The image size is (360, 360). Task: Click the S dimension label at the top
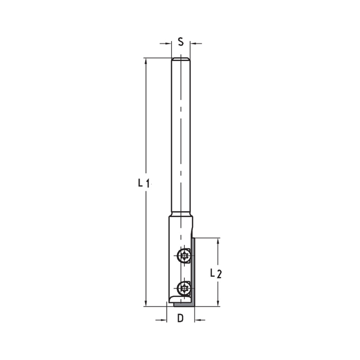pyautogui.click(x=181, y=42)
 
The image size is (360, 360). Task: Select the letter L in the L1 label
pyautogui.click(x=140, y=183)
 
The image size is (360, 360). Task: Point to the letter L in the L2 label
pyautogui.click(x=213, y=273)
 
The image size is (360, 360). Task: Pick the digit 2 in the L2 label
pyautogui.click(x=219, y=274)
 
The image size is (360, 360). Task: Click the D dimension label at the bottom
pyautogui.click(x=180, y=318)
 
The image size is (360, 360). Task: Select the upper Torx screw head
pyautogui.click(x=184, y=257)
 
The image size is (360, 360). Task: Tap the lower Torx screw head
pyautogui.click(x=184, y=288)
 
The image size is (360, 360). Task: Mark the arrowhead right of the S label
pyautogui.click(x=194, y=44)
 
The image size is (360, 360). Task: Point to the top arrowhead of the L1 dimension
pyautogui.click(x=146, y=62)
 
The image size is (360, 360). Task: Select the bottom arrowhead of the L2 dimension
pyautogui.click(x=218, y=302)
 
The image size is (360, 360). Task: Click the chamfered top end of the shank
pyautogui.click(x=181, y=59)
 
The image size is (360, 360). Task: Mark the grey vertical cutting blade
pyautogui.click(x=193, y=270)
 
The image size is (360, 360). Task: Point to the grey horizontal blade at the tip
pyautogui.click(x=184, y=305)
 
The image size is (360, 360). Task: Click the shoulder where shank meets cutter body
pyautogui.click(x=181, y=215)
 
